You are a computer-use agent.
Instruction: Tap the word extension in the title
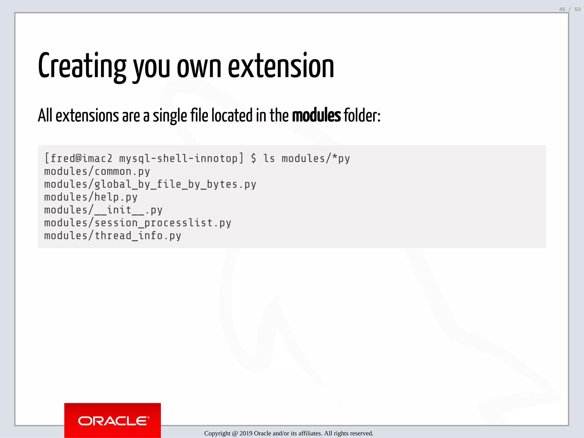pos(281,66)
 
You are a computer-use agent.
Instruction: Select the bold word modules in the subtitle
pos(316,115)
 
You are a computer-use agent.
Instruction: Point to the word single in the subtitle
pos(170,116)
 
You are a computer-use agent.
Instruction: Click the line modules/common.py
pos(97,171)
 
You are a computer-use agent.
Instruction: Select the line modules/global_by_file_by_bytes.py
pos(150,184)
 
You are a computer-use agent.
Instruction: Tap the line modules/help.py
pos(91,197)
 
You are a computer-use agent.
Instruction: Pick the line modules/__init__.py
pos(103,210)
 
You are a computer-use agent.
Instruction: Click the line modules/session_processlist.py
pos(138,223)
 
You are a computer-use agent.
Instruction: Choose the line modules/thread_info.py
pos(113,236)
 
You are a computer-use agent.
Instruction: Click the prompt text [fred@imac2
pos(78,158)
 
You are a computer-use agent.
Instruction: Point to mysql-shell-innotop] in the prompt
pos(181,158)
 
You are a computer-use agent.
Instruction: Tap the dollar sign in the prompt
pos(254,158)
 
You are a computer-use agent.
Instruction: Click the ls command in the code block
pos(269,158)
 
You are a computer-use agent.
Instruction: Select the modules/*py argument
pos(316,158)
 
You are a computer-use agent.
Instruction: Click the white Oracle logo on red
pos(113,421)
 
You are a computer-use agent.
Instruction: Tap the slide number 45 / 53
pos(569,9)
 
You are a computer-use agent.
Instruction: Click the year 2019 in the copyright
pos(246,433)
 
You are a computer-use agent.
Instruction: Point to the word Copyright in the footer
pos(217,433)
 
